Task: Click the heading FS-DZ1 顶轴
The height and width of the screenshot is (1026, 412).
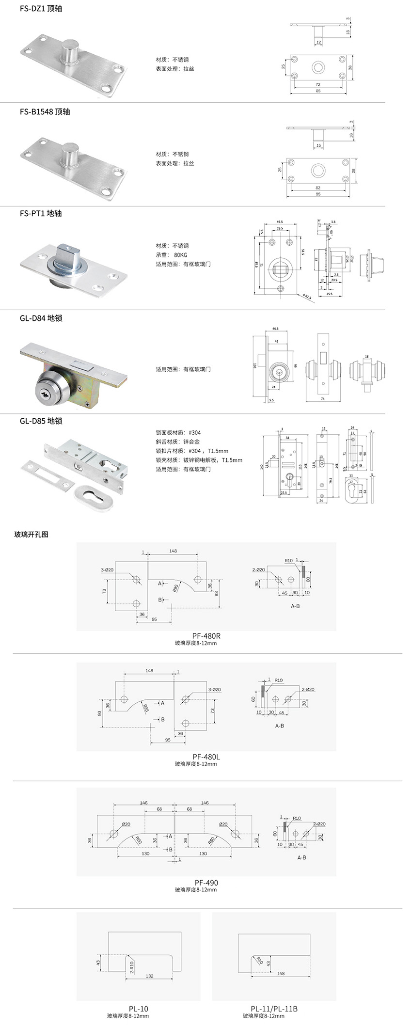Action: coord(41,9)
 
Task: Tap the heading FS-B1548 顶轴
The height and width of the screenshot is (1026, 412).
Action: coord(45,111)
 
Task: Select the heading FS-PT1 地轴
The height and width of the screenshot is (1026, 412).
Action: coord(41,213)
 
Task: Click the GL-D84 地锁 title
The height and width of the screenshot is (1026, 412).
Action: coord(41,318)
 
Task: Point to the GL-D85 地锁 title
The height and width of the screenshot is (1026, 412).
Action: coord(41,421)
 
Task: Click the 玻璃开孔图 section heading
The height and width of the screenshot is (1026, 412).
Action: coord(31,535)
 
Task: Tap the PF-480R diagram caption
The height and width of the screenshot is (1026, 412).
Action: coord(206,635)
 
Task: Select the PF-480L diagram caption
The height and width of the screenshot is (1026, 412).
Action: coord(206,757)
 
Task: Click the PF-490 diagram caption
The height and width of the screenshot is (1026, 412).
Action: coord(206,883)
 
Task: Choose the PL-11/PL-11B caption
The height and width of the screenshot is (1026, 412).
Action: coord(274,1009)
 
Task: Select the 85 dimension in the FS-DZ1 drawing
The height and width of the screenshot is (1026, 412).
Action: coord(317,91)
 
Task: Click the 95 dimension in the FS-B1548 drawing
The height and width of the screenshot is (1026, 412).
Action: coord(317,194)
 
